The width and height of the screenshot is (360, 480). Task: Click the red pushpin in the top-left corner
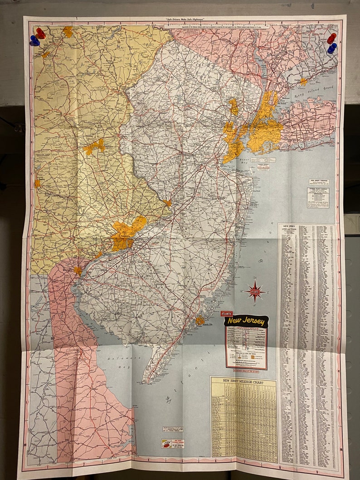(40, 33)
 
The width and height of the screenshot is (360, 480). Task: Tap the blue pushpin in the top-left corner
(34, 41)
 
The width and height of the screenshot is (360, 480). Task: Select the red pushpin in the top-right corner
(332, 38)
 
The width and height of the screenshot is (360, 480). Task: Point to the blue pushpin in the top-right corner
(332, 47)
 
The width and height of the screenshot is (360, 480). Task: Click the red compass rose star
(256, 291)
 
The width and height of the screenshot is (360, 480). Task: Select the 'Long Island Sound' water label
(319, 93)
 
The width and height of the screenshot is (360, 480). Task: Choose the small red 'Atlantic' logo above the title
(226, 313)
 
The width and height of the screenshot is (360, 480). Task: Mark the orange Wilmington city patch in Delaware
(78, 271)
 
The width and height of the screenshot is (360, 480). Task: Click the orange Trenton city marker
(168, 203)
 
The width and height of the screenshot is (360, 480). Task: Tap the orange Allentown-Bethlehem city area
(95, 146)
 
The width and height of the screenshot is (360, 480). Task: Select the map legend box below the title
(246, 347)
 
